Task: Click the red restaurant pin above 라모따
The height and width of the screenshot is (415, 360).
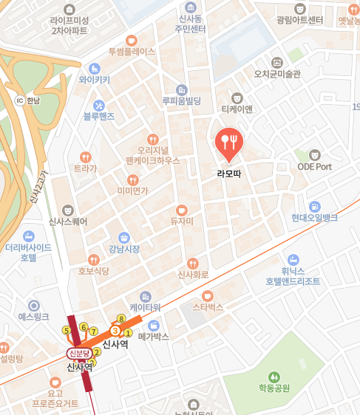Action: tap(228, 142)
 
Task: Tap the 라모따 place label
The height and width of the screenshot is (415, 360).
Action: tap(228, 174)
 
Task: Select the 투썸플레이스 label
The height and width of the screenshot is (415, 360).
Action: tap(132, 52)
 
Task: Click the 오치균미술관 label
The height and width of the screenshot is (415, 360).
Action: tap(277, 74)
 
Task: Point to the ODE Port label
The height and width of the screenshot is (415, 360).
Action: tap(314, 167)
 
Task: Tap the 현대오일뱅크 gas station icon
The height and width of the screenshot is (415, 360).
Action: tap(314, 205)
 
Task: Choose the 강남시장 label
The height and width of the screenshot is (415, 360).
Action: tap(124, 249)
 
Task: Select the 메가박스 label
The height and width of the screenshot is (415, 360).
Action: tap(154, 337)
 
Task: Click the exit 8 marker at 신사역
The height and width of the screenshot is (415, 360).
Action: tap(121, 319)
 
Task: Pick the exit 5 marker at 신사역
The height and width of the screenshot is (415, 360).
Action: tap(67, 330)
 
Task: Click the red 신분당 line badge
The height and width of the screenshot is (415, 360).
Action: tap(79, 354)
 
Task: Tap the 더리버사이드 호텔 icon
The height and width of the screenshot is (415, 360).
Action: tap(29, 236)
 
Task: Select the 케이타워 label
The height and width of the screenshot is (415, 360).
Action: tap(145, 306)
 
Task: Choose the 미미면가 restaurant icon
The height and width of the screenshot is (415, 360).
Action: tap(132, 179)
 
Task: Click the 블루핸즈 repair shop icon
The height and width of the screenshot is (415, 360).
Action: tap(98, 106)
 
